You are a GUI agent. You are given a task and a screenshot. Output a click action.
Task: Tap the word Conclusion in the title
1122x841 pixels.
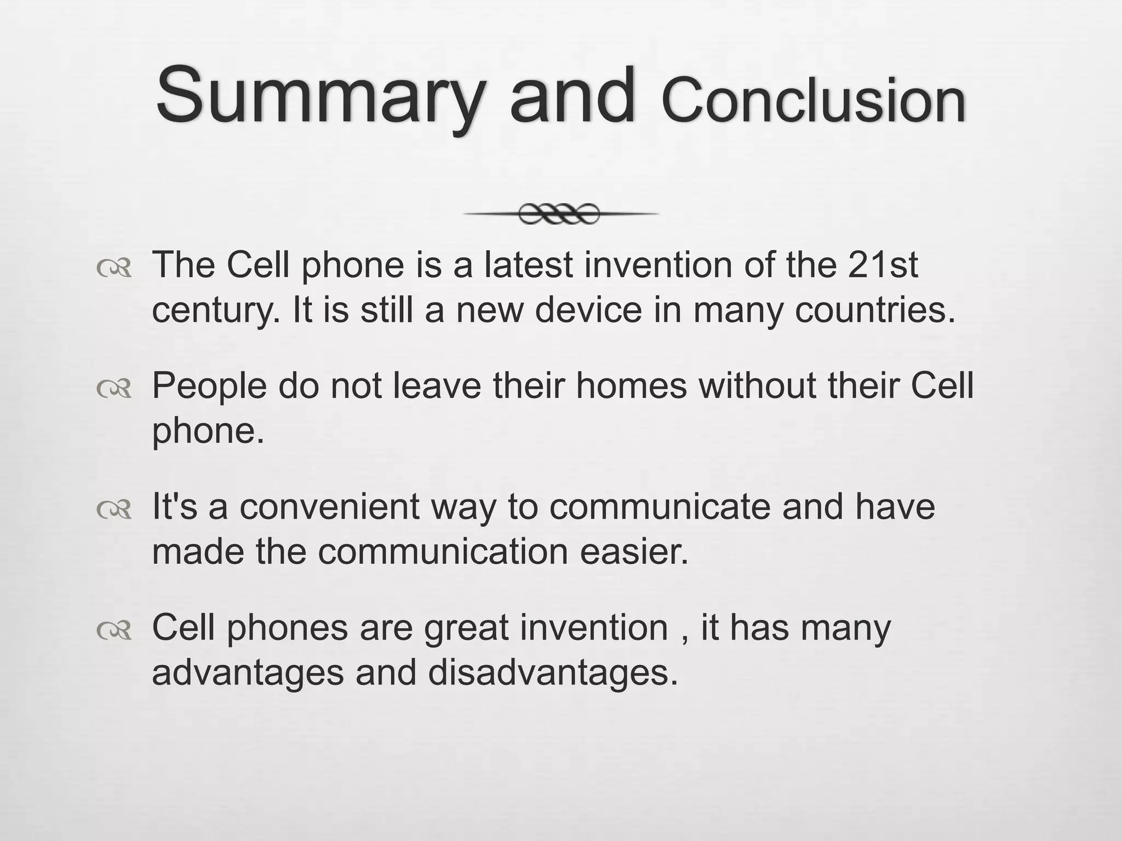tap(813, 101)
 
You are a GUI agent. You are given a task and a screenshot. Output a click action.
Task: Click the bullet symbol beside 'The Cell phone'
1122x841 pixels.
tap(114, 268)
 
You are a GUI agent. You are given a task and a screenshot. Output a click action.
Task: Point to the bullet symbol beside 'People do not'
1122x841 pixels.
tap(114, 389)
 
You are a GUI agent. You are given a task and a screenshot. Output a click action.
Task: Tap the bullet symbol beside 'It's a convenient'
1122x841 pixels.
tap(114, 510)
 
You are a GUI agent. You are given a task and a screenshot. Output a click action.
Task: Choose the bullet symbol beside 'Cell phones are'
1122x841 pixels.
tap(114, 630)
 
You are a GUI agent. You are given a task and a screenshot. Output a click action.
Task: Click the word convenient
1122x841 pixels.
tap(329, 506)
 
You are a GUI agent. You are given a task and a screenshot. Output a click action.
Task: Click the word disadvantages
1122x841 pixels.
tap(553, 673)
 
